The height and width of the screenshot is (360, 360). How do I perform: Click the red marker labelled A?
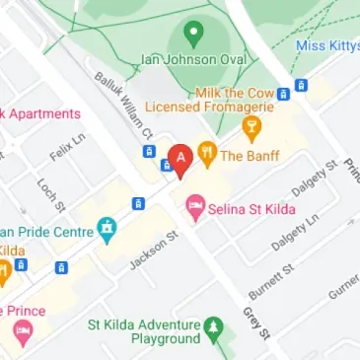[180, 160]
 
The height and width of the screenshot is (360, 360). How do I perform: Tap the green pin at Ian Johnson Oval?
[193, 35]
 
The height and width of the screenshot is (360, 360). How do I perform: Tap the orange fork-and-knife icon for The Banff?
[207, 154]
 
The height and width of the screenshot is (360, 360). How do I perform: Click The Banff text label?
[251, 156]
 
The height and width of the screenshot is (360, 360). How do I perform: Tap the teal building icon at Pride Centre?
[107, 232]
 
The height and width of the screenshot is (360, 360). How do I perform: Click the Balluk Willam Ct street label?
[122, 103]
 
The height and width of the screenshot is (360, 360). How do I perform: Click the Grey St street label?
[255, 324]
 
